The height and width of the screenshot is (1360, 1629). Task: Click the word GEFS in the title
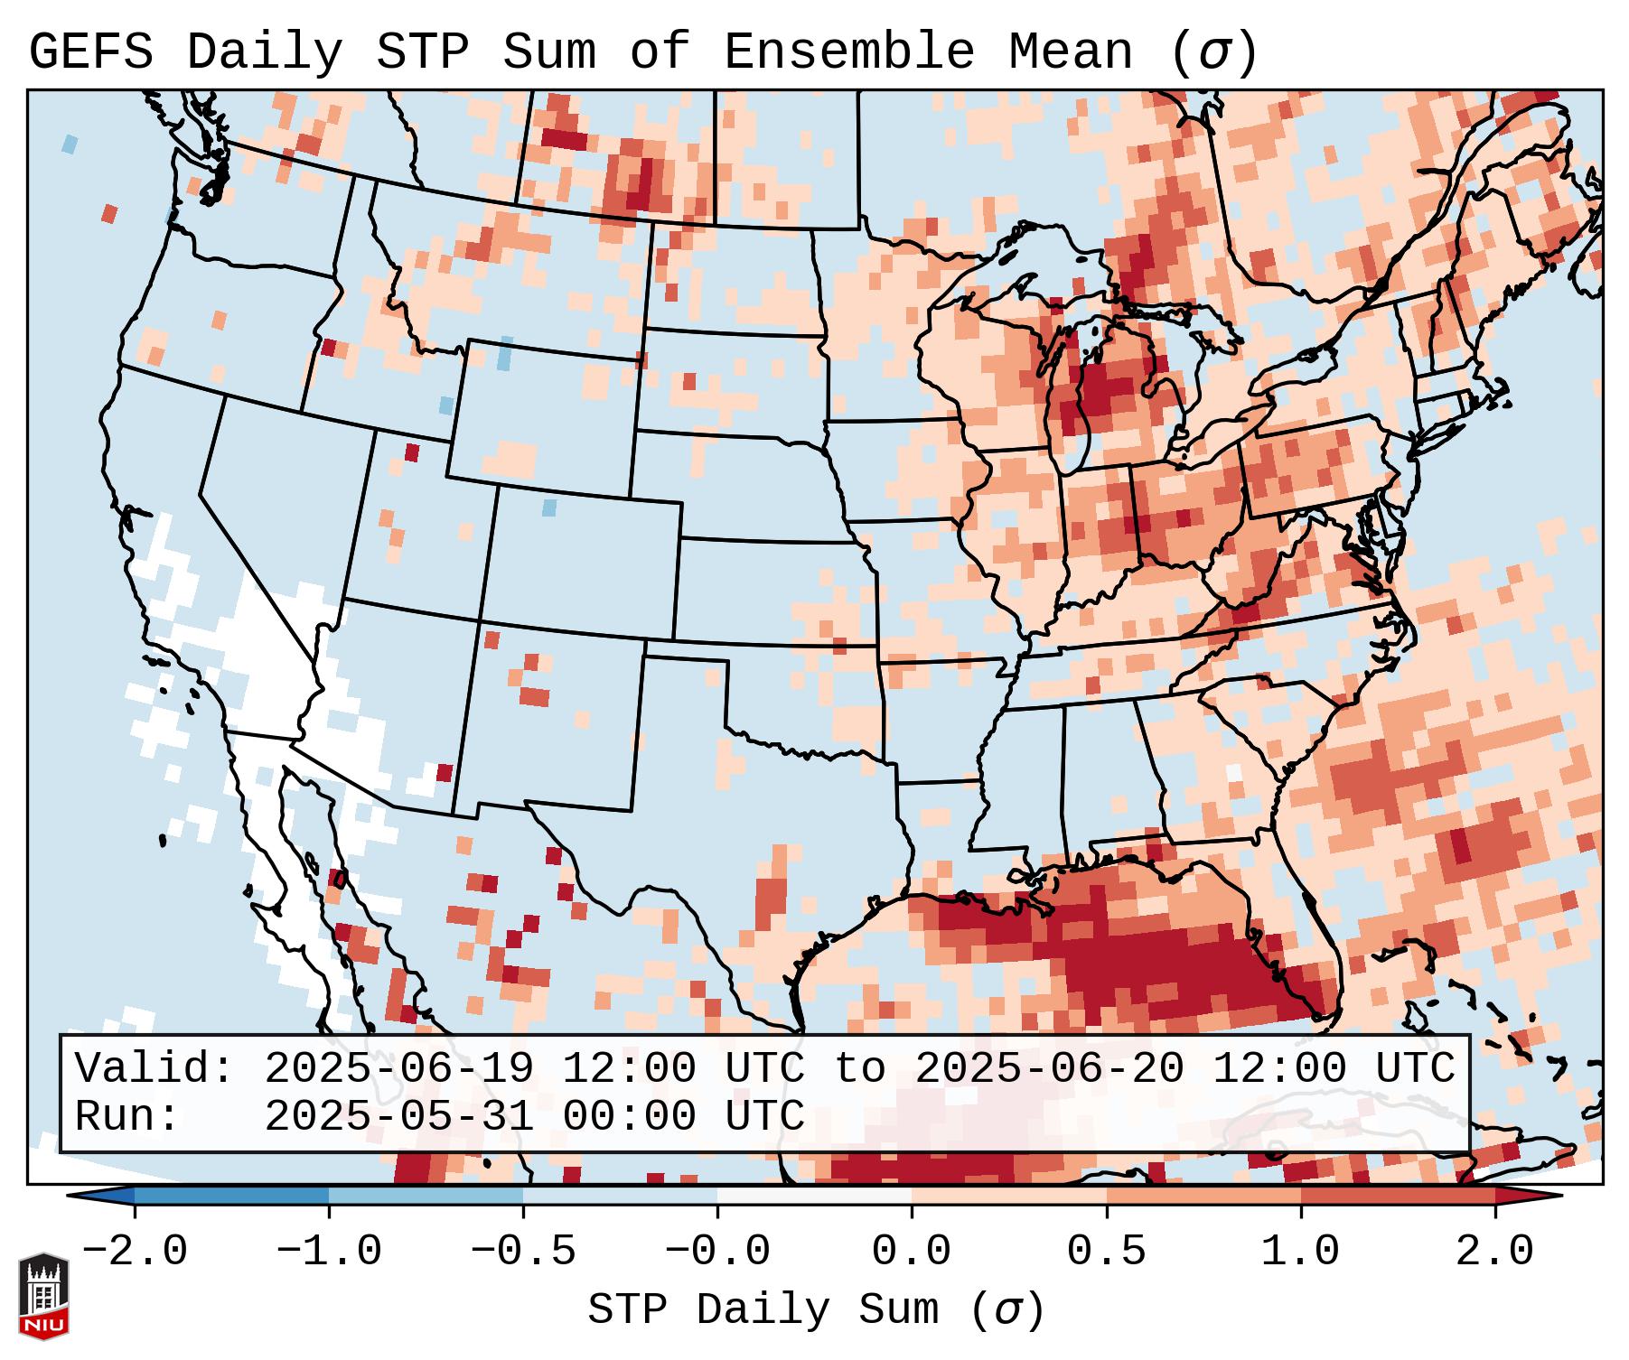pyautogui.click(x=91, y=52)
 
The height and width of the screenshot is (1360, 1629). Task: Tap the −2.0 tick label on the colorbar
pyautogui.click(x=135, y=1252)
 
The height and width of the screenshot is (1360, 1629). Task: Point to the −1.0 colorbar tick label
pyautogui.click(x=329, y=1252)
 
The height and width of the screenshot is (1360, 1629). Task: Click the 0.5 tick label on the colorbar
pyautogui.click(x=1107, y=1252)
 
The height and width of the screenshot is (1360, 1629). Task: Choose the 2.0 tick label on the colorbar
pyautogui.click(x=1495, y=1252)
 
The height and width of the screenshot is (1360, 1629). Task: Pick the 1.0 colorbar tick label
pyautogui.click(x=1301, y=1252)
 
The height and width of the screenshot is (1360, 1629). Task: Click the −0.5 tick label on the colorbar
pyautogui.click(x=523, y=1252)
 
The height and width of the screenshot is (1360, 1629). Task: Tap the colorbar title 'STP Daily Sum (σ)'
pyautogui.click(x=816, y=1310)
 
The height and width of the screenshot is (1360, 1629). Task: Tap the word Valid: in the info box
pyautogui.click(x=154, y=1068)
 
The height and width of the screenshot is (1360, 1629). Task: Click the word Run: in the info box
pyautogui.click(x=127, y=1116)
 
